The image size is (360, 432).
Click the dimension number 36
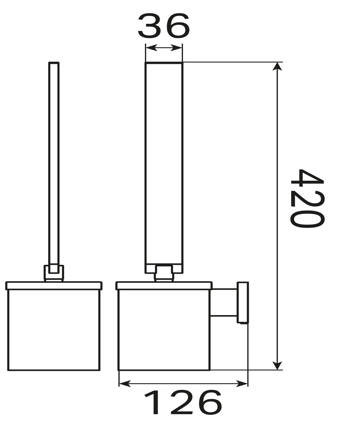(x=164, y=26)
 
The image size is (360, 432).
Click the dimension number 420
(x=307, y=198)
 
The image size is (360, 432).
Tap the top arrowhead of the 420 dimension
(x=277, y=67)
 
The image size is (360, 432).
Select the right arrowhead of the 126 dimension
(x=242, y=384)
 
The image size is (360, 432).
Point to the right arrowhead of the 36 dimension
(x=176, y=48)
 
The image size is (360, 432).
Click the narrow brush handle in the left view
(x=54, y=168)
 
